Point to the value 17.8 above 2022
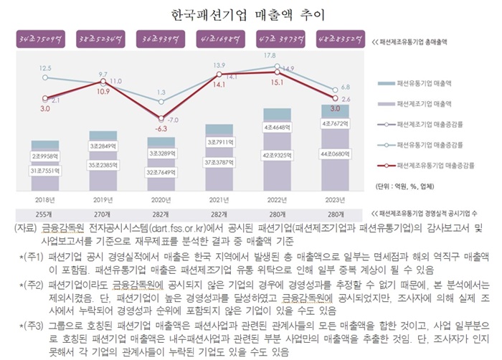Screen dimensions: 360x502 (x=270, y=55)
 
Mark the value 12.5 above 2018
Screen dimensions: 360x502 (x=44, y=67)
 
